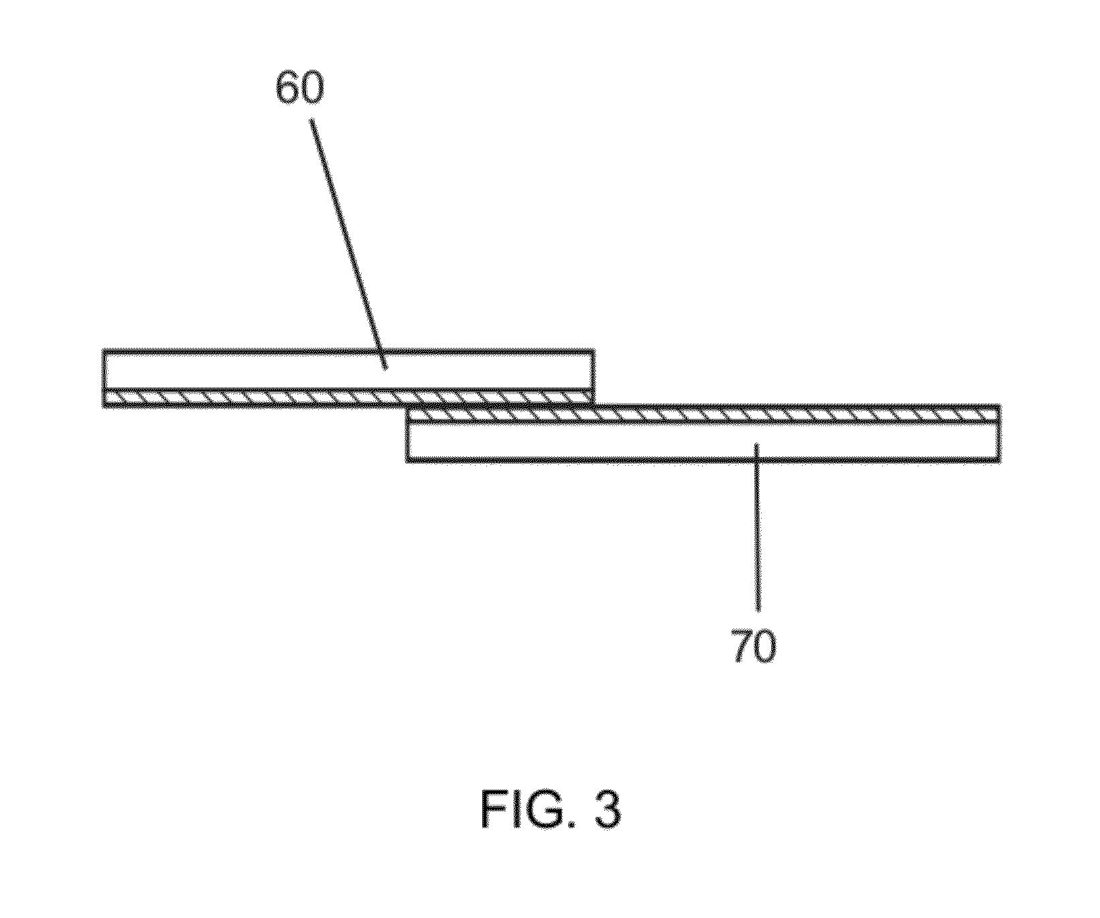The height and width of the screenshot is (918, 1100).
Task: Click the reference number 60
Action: coord(299,88)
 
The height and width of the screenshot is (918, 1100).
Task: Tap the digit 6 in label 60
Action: coord(288,88)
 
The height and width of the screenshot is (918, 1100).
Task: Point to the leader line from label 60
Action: coord(348,241)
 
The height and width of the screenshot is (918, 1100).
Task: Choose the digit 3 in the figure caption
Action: coord(606,810)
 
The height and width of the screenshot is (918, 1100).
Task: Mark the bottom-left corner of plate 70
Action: coord(407,460)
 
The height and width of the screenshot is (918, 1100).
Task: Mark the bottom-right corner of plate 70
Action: coord(1000,460)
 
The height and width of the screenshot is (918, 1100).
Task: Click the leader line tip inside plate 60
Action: coord(385,367)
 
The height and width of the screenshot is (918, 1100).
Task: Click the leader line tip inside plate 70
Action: coord(757,445)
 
